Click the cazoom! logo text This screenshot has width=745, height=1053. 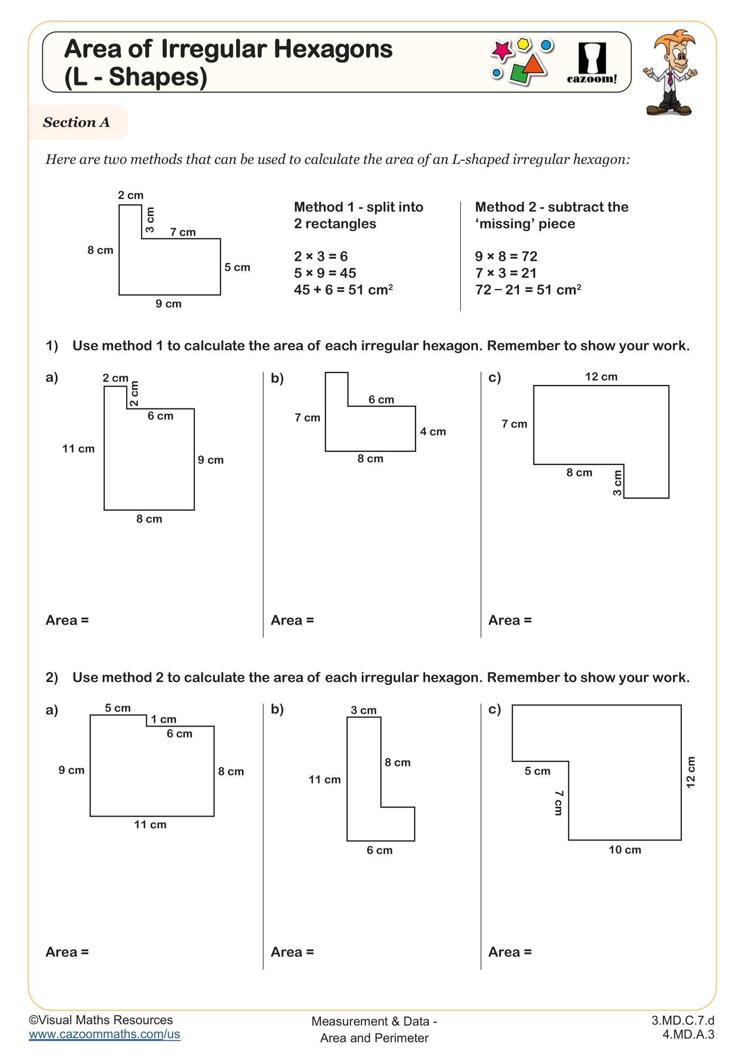click(592, 79)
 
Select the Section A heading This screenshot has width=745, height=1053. click(77, 122)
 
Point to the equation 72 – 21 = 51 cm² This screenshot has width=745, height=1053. click(528, 290)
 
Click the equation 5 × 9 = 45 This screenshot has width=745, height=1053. click(325, 273)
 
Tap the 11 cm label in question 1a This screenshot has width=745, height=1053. click(78, 448)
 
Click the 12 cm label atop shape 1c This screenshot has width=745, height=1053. click(601, 377)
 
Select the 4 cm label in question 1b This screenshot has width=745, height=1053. click(432, 432)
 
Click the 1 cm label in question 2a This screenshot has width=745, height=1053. click(164, 719)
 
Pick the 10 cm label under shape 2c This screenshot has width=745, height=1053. click(624, 850)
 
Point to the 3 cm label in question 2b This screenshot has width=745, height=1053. click(363, 710)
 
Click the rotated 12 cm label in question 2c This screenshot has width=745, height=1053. click(690, 773)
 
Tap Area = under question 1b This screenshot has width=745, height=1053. click(292, 620)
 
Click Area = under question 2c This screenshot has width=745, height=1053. click(510, 953)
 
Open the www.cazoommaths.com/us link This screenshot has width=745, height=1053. click(104, 1034)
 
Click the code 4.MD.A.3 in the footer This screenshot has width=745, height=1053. click(688, 1035)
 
